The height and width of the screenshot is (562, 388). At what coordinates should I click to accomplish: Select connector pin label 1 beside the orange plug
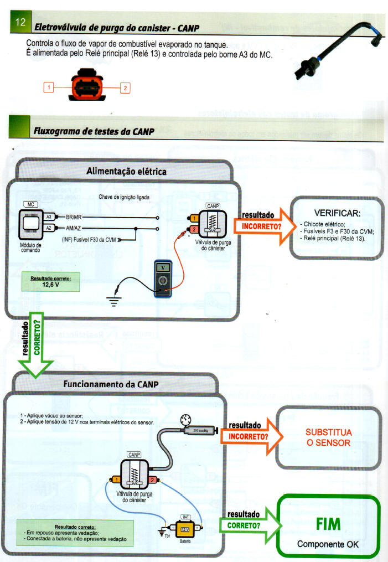point(49,87)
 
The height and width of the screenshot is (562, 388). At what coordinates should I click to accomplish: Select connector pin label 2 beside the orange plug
point(125,87)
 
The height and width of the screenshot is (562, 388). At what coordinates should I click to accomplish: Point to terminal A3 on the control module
point(49,216)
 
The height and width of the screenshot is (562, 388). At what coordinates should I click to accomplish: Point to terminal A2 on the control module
point(49,228)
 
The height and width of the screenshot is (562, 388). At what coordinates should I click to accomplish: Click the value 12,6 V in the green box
point(51,285)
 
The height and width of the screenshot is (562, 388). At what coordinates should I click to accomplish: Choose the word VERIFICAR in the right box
point(337,213)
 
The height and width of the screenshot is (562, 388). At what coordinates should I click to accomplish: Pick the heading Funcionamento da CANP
point(111,384)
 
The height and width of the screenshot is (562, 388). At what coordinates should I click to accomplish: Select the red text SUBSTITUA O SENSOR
point(329,437)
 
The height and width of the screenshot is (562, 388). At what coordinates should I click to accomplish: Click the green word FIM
point(328,524)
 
